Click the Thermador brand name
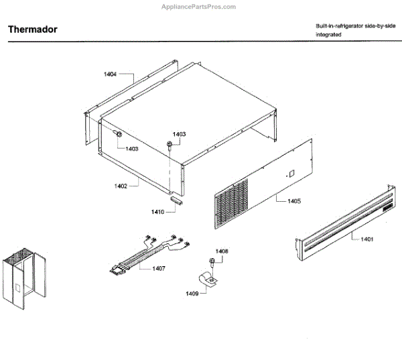tap(31, 30)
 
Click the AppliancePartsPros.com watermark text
tap(201, 7)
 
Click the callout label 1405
tap(293, 200)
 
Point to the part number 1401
tap(366, 239)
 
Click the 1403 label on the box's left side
tap(130, 149)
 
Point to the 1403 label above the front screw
tap(180, 134)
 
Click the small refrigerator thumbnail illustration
tap(26, 275)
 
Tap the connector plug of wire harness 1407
tap(119, 271)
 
